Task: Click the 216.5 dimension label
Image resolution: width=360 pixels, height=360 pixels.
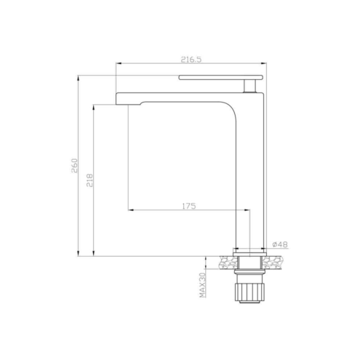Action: (x=191, y=60)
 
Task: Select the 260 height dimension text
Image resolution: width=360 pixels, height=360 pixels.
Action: (x=74, y=165)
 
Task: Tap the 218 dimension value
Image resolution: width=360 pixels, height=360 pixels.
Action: (x=89, y=180)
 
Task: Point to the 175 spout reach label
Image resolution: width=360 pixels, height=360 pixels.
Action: (x=189, y=206)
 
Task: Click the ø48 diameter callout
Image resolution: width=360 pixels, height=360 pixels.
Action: (x=280, y=244)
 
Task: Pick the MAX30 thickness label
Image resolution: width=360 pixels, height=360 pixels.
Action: (x=202, y=285)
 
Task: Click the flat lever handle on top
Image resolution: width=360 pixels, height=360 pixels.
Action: (x=220, y=78)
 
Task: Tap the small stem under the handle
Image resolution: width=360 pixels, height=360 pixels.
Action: (x=249, y=86)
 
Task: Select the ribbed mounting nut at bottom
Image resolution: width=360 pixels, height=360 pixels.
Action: (x=249, y=292)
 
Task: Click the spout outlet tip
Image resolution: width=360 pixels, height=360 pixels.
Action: (x=122, y=105)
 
